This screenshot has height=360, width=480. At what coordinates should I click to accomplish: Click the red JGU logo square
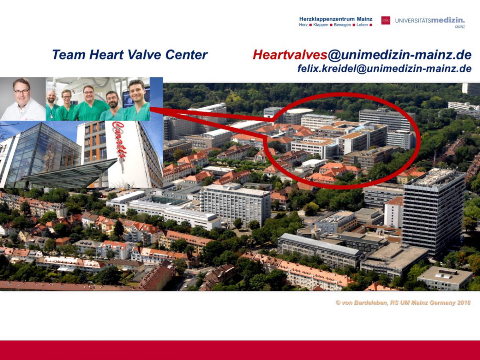(x=386, y=20)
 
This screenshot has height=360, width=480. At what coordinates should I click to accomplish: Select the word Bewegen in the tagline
(x=342, y=25)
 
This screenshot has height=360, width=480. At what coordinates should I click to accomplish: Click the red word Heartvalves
(x=290, y=55)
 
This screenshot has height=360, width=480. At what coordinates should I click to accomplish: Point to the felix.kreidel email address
(x=384, y=69)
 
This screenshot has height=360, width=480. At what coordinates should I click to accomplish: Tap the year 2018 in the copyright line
(x=463, y=303)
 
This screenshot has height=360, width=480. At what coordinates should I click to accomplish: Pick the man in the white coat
(x=22, y=100)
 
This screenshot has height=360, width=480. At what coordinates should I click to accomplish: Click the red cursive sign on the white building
(x=118, y=140)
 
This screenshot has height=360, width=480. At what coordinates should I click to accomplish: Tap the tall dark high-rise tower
(x=434, y=211)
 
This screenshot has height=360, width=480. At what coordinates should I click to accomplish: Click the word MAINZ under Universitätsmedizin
(x=460, y=27)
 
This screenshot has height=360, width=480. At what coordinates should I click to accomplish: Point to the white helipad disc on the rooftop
(x=300, y=111)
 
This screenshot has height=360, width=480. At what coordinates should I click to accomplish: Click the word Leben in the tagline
(x=362, y=25)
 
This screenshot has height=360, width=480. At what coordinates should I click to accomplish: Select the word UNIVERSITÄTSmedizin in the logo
(x=430, y=21)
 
